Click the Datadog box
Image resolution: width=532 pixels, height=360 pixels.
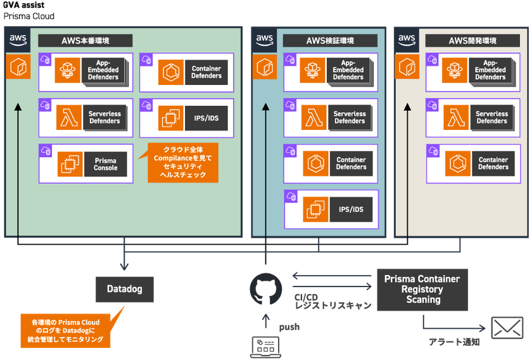click(x=125, y=289)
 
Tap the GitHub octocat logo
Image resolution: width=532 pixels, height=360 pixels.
click(x=265, y=289)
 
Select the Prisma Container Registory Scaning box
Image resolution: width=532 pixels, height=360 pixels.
click(x=422, y=290)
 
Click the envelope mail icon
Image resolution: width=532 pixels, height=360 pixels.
click(x=507, y=328)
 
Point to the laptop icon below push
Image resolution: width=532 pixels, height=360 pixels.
click(x=265, y=347)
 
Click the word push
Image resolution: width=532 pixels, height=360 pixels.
click(x=289, y=327)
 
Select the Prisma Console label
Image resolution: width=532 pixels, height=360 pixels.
click(x=106, y=164)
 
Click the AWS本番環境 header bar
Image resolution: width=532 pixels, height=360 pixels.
click(x=85, y=41)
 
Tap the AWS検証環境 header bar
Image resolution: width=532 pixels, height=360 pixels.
click(x=330, y=41)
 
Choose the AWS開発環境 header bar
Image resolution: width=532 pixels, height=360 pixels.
click(x=472, y=41)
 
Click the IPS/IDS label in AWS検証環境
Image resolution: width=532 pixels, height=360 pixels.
click(x=351, y=209)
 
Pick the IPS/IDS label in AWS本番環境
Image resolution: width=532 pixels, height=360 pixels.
click(x=206, y=118)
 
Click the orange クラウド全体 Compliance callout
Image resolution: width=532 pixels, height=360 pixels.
click(x=182, y=163)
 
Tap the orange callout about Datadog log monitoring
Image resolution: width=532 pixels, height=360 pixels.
click(x=65, y=330)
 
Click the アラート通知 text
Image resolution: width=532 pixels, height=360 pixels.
click(x=454, y=342)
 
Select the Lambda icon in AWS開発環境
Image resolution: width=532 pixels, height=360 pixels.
click(x=456, y=117)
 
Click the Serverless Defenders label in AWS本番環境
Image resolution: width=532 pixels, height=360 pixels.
click(x=104, y=117)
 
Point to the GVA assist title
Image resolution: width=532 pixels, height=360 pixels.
click(x=24, y=5)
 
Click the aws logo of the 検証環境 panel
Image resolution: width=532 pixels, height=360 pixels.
click(x=265, y=40)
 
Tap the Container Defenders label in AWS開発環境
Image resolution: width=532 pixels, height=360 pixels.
click(x=493, y=164)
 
